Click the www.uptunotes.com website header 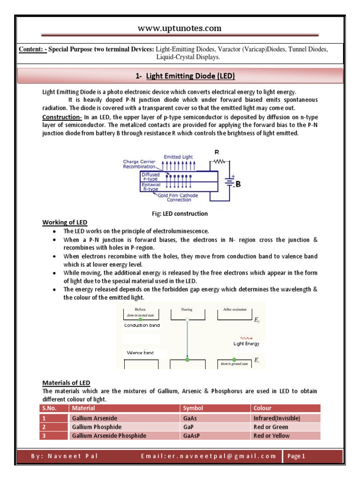tap(180, 29)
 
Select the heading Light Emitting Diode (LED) tap(190, 76)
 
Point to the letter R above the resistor tap(216, 152)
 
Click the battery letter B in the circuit tap(239, 184)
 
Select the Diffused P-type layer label tap(150, 177)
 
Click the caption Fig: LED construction tap(180, 213)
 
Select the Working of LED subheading tap(65, 222)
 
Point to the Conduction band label tap(142, 325)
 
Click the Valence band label tap(139, 352)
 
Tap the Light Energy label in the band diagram tap(246, 344)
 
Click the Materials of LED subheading tap(66, 383)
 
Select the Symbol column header tap(193, 408)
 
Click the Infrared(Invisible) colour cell tap(277, 418)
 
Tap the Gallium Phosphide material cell tap(97, 427)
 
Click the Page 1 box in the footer tap(296, 457)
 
